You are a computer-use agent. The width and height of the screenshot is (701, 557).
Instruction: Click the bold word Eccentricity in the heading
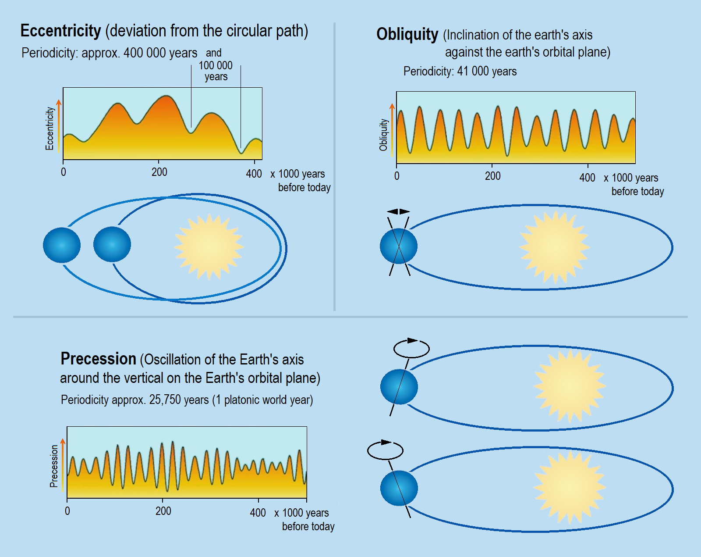point(60,31)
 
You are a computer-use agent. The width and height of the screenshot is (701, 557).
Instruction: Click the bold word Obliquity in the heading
point(407,34)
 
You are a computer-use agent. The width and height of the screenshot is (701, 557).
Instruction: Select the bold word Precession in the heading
point(98,359)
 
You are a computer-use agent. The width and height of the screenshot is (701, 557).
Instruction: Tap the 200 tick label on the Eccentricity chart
point(159,172)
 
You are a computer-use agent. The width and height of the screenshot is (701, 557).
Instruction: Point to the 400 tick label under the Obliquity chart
point(587,178)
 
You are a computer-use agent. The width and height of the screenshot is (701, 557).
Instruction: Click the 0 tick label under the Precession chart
point(67,511)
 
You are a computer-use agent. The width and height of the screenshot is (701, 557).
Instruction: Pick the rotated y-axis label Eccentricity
point(50,129)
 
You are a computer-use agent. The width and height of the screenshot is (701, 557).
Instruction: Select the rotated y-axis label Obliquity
point(383,135)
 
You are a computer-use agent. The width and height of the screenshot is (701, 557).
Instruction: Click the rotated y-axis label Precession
point(54,466)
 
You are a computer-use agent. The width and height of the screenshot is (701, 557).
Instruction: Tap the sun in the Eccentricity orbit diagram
point(209,246)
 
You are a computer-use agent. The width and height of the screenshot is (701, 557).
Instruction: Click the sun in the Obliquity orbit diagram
point(554,247)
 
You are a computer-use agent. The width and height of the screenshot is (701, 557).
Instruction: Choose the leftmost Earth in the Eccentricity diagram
point(62,245)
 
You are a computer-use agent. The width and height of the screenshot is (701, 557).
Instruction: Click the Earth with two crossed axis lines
point(399,246)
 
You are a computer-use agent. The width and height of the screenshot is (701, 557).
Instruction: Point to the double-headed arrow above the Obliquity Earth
point(398,211)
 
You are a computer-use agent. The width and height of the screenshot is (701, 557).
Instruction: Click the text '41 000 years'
point(487,71)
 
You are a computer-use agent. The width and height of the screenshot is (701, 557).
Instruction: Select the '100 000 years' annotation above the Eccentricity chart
point(216,71)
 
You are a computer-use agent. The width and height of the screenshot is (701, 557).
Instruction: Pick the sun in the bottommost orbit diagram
point(570,488)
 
